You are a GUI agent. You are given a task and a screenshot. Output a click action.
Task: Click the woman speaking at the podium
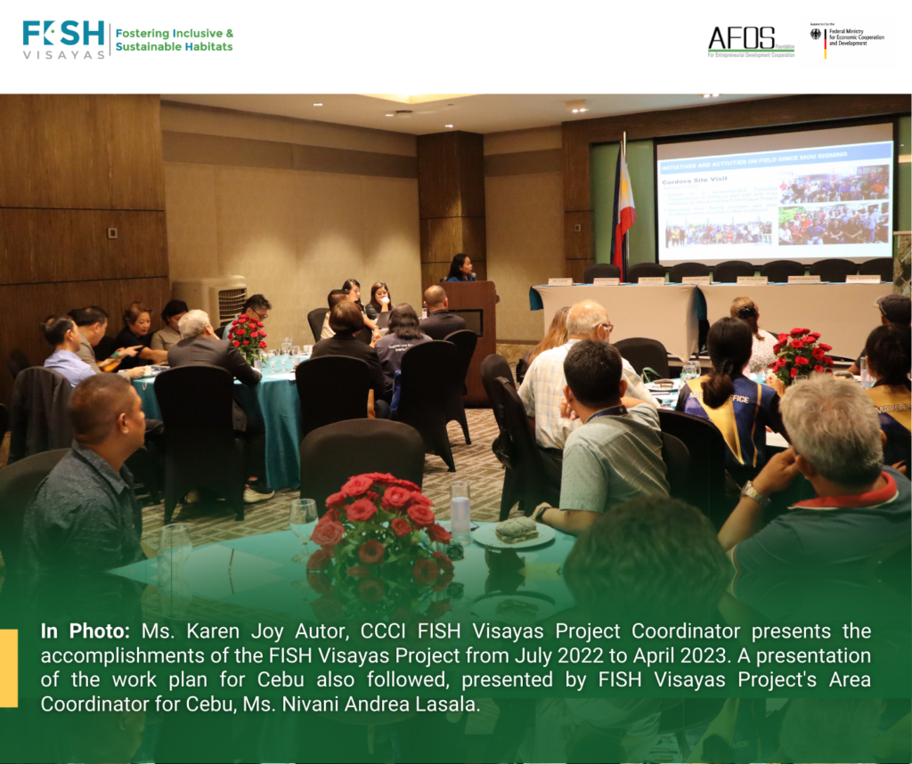[460, 268]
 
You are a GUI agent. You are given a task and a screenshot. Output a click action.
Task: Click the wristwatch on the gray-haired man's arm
[754, 493]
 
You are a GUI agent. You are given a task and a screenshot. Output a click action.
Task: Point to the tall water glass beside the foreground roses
[460, 511]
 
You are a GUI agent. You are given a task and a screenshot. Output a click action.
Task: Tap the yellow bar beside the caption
[8, 668]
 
